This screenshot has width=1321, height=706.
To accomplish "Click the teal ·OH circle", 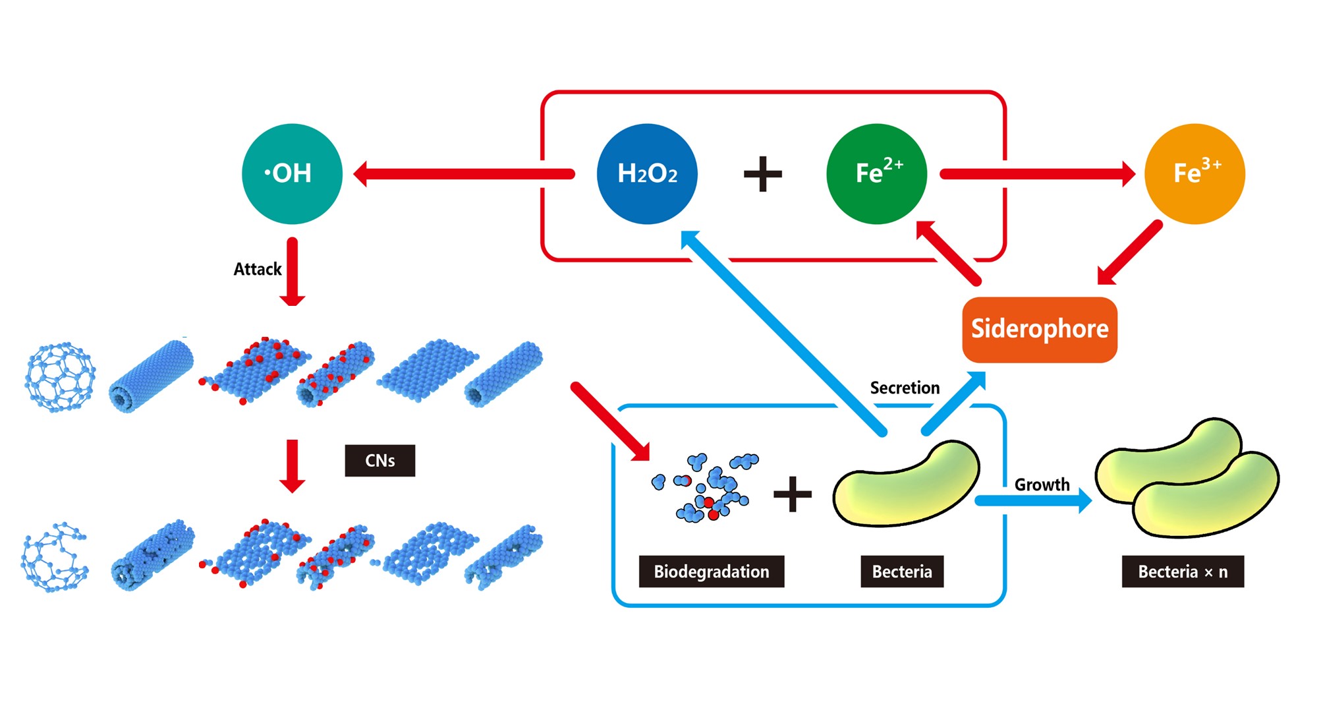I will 292,173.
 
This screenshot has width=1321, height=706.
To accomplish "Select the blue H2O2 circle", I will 647,173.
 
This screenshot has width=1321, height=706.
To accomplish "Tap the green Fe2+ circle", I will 876,173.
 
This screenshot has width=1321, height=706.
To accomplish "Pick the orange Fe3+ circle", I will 1195,173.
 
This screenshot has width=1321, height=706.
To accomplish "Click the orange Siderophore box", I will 1039,329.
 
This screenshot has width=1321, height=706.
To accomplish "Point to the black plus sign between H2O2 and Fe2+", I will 762,174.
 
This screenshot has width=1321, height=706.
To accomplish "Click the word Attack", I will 257,269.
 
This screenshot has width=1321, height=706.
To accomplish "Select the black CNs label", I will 379,460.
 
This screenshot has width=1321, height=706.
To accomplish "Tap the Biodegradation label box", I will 711,571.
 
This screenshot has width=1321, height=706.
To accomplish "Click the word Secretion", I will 905,388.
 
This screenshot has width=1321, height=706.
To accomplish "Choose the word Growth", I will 1042,485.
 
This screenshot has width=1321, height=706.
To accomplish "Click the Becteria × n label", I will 1183,571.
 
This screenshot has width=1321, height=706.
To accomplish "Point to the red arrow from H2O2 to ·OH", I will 464,174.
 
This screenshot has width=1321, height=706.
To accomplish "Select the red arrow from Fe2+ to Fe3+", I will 1037,174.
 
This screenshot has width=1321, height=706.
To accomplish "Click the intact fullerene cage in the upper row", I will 60,377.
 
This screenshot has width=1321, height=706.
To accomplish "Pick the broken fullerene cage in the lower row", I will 55,558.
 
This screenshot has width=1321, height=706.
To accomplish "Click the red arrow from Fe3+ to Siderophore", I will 1129,253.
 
